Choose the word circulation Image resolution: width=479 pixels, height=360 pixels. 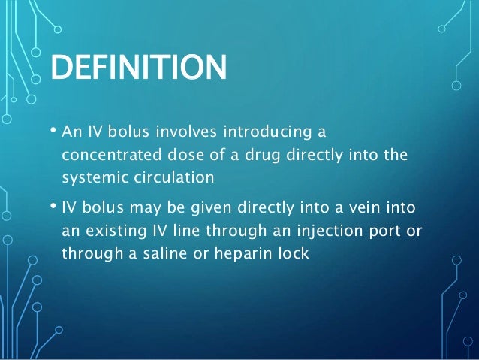click(x=173, y=180)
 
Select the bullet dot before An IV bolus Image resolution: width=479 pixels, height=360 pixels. click(x=53, y=132)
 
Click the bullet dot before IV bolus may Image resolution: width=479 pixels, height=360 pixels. click(x=53, y=205)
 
